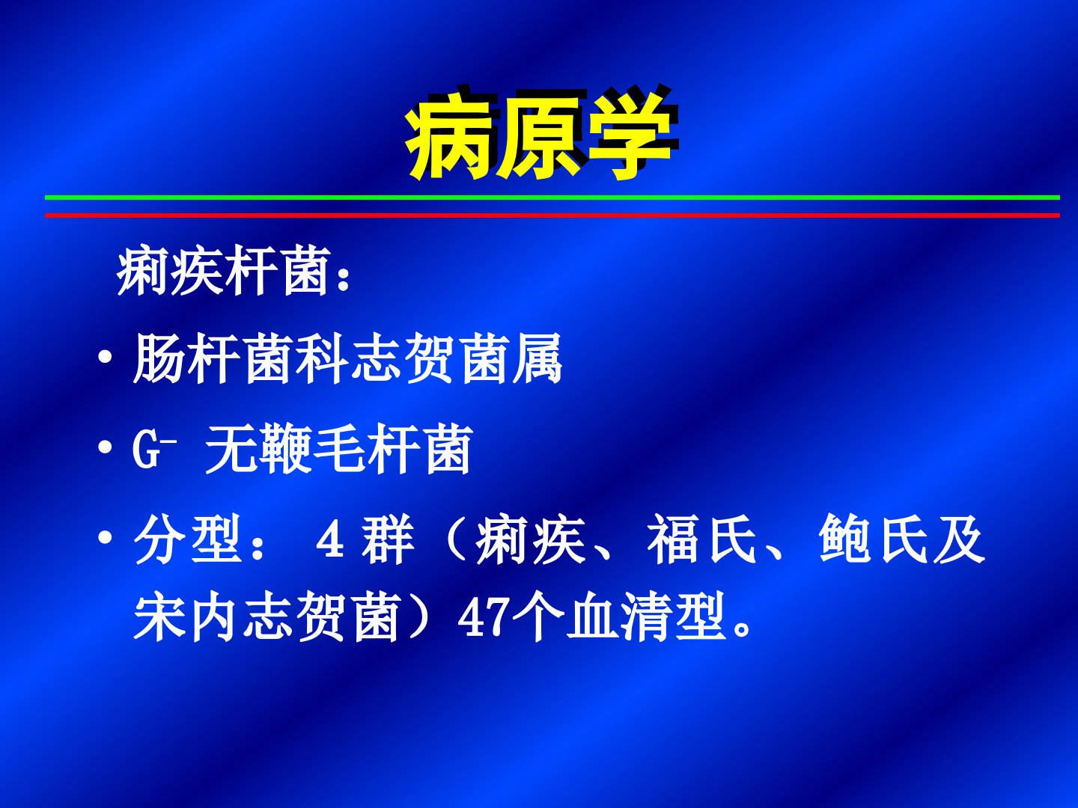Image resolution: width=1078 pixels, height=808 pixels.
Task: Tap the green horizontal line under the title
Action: click(552, 198)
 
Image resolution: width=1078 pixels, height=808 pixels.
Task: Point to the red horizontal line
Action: click(552, 215)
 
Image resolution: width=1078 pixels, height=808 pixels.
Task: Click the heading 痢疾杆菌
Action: click(222, 271)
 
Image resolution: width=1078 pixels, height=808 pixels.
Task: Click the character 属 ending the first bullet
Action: click(538, 358)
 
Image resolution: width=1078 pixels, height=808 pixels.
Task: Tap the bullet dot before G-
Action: click(105, 448)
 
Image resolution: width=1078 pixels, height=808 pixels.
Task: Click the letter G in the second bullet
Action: click(146, 449)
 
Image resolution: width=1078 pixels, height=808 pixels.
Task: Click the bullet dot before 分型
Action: click(105, 538)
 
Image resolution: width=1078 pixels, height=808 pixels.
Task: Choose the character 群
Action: click(388, 539)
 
